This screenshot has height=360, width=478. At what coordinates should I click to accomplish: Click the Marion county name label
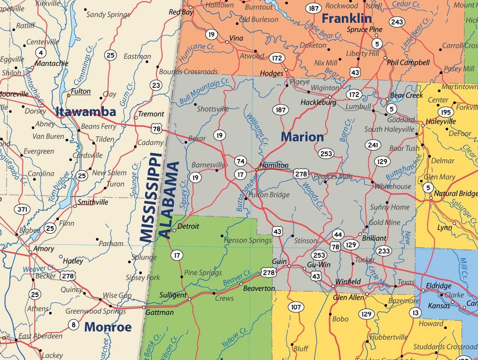coord(302,137)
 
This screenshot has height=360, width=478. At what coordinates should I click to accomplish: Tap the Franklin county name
coord(346,18)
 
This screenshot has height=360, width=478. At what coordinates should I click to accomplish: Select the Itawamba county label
coord(86,112)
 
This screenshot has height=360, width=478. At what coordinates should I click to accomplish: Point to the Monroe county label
coord(108,327)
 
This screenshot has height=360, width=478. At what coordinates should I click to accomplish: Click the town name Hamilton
coord(274,165)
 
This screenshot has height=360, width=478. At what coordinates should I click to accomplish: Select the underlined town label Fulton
coord(81,91)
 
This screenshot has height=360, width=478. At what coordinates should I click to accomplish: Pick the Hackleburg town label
coord(318,102)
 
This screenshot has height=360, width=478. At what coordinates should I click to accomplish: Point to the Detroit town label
coord(188,226)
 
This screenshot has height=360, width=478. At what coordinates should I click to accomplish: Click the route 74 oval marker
coord(240,161)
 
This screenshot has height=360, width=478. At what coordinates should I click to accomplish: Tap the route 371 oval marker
coord(22,209)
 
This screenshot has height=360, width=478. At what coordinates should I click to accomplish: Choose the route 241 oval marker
coord(372,145)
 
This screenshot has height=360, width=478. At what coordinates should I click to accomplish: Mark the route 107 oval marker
coord(296,307)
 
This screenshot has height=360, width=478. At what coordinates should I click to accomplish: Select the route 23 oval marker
coord(156,86)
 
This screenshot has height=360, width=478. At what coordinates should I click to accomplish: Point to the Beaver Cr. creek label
coord(236,277)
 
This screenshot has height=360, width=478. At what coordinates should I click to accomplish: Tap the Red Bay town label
coord(181,12)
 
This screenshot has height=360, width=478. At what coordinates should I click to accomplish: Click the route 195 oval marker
coord(445,112)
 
